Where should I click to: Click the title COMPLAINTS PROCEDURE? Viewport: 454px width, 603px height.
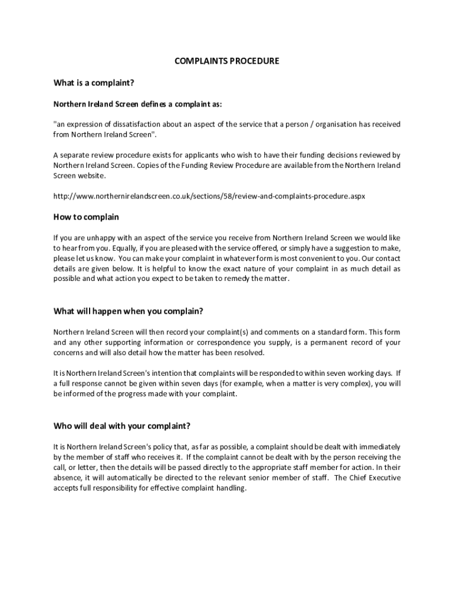pos(227,61)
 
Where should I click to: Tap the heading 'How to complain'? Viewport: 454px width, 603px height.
pos(86,217)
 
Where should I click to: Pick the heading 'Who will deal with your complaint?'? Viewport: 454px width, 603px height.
pos(122,426)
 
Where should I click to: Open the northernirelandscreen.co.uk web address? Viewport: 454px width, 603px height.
pos(209,196)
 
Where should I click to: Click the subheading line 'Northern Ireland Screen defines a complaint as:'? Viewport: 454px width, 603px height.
pos(138,104)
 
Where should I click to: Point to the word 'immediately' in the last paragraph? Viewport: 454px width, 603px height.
pos(379,447)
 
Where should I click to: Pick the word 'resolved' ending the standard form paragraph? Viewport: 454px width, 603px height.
pos(250,353)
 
